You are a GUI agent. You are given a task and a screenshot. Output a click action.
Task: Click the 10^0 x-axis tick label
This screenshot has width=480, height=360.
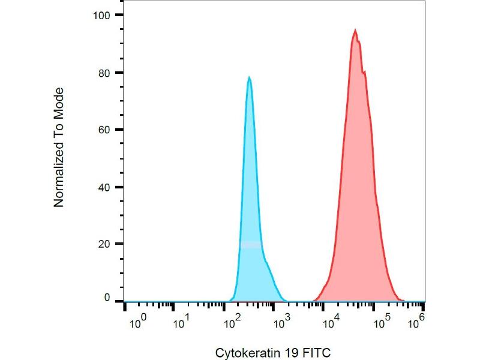(x=137, y=323)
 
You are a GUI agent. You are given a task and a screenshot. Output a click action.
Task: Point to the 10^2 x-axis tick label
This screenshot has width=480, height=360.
(x=231, y=323)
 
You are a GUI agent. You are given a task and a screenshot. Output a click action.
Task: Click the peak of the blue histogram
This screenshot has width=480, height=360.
(x=249, y=77)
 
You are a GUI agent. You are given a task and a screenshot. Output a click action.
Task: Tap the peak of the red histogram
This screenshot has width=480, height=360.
(x=355, y=29)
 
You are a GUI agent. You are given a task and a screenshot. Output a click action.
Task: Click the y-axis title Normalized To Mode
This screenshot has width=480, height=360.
(x=59, y=148)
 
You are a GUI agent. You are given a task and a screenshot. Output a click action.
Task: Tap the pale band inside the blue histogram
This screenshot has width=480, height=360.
(x=251, y=244)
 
